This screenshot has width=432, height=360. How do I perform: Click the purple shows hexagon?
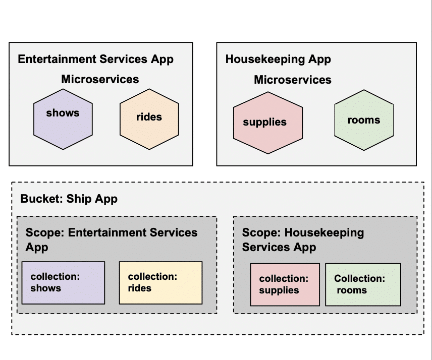63,119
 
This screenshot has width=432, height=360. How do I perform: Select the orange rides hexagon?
149,119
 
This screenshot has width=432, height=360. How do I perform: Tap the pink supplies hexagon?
267,123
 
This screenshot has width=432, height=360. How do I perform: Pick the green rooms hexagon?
364,120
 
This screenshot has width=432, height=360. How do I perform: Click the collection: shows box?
63,282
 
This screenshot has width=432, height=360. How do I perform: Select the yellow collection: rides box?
160,282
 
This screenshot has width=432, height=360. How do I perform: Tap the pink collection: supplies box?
285,284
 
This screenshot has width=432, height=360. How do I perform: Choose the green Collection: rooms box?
363,284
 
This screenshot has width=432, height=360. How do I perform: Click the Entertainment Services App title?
95,59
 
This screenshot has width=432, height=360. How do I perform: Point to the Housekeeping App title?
278,59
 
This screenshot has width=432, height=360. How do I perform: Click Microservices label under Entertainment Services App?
100,79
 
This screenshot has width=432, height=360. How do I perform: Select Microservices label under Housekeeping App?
293,80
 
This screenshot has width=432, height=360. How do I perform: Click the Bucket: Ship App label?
69,199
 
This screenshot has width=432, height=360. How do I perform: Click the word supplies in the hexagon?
264,123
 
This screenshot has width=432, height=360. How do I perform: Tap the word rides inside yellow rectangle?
140,288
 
